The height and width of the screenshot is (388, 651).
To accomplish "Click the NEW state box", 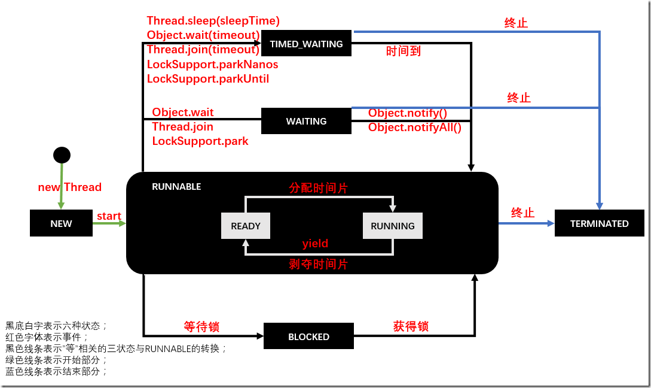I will [61, 223].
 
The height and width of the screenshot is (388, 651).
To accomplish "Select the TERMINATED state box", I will [599, 223].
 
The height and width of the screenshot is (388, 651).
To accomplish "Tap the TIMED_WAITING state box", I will [306, 44].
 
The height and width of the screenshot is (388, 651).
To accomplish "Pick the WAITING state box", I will [306, 121].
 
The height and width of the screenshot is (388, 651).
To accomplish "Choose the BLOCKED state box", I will [308, 337].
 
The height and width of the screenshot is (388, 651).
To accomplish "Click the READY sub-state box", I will [246, 226].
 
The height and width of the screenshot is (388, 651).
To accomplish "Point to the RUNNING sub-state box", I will [392, 226].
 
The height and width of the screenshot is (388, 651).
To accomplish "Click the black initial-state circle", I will [62, 155].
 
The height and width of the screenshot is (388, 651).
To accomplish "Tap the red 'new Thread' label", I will [69, 187].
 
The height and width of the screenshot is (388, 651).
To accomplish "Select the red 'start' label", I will [109, 216].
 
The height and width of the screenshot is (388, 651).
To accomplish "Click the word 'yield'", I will [315, 244].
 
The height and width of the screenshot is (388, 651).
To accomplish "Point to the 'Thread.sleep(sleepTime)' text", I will [213, 21].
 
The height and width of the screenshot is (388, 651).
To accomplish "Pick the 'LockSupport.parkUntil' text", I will [208, 78].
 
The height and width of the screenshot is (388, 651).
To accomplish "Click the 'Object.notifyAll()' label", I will [415, 127].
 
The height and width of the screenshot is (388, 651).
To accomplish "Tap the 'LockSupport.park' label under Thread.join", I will [200, 141].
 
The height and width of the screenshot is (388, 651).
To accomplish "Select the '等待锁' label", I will [201, 326].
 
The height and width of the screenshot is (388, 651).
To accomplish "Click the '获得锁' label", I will [411, 326].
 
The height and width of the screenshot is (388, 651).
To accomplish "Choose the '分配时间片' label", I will [318, 188].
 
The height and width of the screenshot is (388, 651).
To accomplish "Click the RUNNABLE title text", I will [176, 187].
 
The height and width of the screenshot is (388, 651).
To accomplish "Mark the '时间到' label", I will [404, 51].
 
